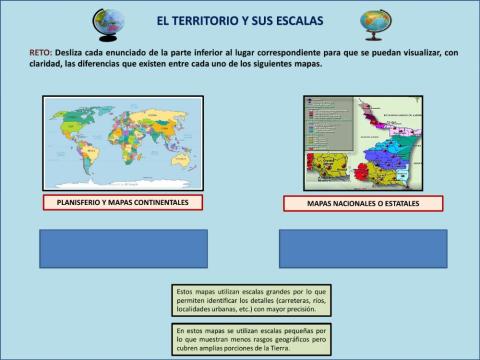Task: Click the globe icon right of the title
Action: (x=375, y=22)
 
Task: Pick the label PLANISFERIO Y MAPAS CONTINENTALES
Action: (x=122, y=202)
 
